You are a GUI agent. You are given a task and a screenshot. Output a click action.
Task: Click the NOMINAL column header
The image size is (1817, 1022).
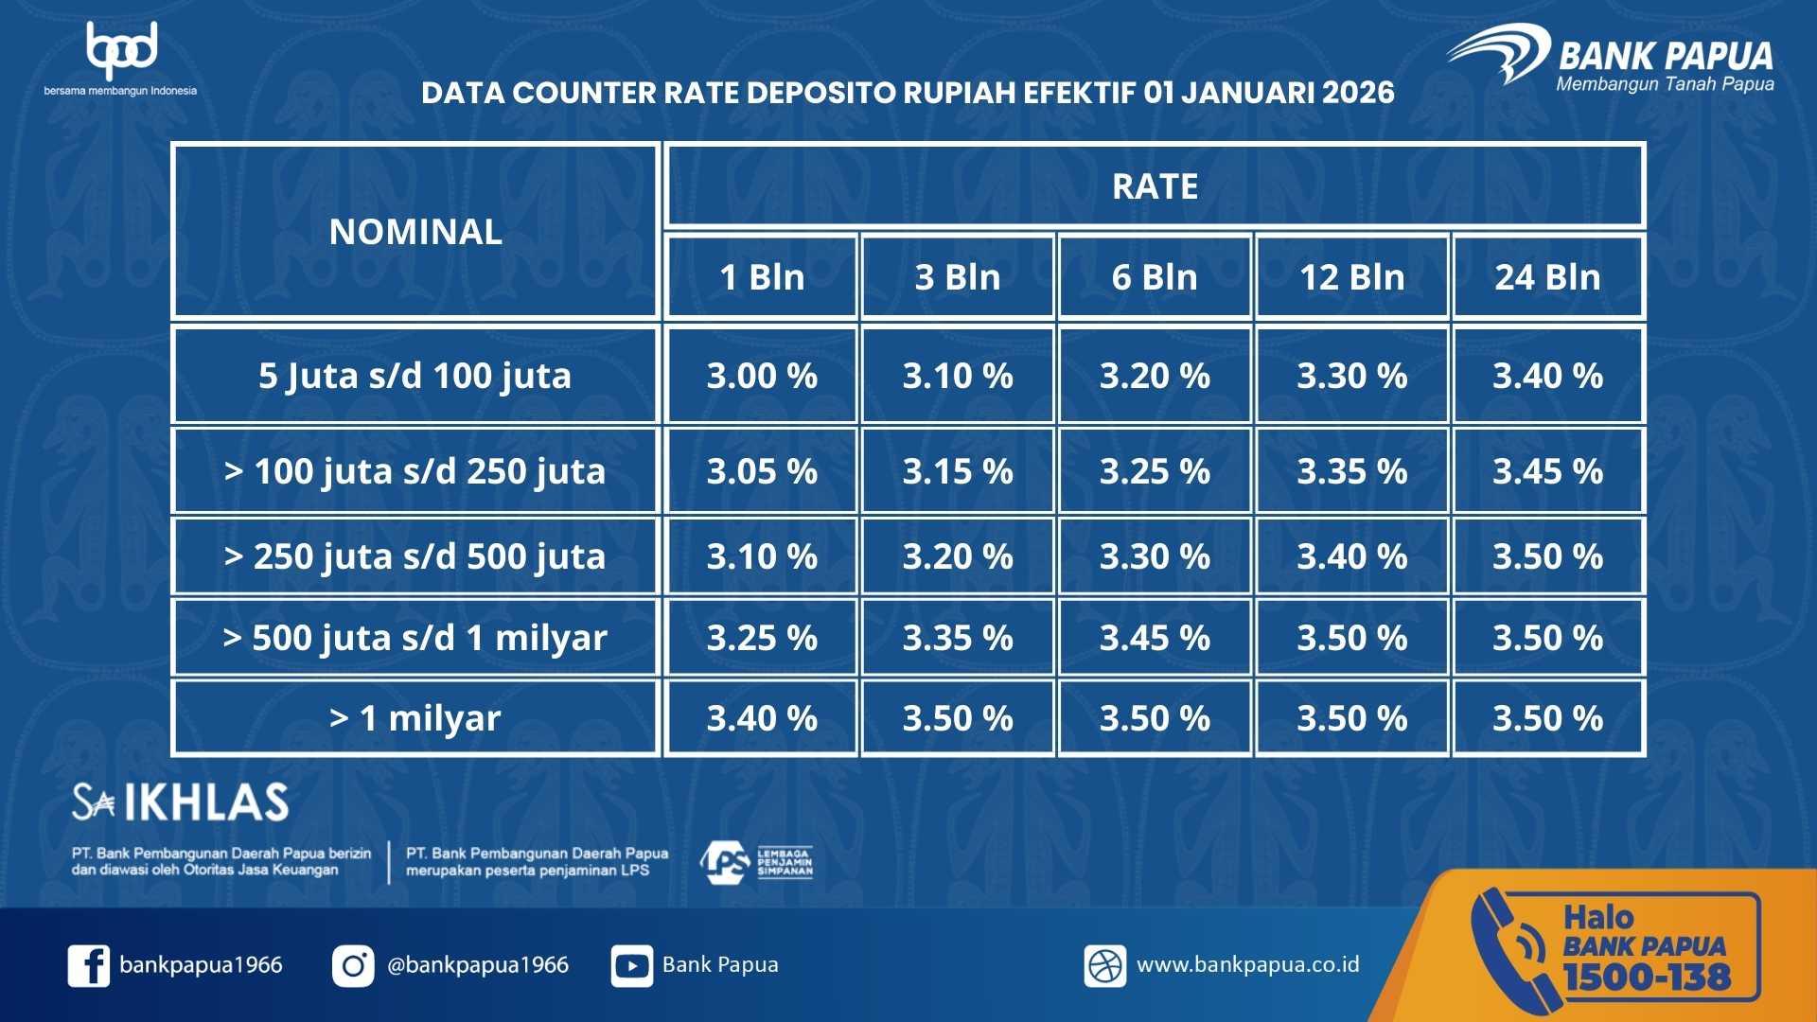click(x=415, y=232)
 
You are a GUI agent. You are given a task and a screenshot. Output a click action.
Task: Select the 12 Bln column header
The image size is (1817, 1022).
click(x=1351, y=277)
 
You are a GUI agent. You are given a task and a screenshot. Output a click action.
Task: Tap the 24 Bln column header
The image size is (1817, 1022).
click(x=1547, y=277)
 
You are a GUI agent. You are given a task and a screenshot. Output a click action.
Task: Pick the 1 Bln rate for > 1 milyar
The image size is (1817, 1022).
click(x=762, y=718)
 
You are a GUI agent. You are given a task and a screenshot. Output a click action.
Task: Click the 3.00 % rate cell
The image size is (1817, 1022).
click(x=762, y=376)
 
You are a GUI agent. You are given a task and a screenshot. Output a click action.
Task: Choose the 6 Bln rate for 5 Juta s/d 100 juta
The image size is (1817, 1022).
click(x=1155, y=376)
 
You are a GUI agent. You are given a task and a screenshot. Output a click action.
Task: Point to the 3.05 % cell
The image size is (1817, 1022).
click(x=762, y=471)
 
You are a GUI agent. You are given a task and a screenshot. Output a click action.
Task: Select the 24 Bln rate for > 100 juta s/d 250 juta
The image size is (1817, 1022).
click(x=1547, y=471)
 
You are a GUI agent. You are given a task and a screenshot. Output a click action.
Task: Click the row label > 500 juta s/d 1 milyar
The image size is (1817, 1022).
click(x=415, y=639)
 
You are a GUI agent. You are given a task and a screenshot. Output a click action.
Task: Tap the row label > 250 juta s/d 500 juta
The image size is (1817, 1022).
click(x=415, y=557)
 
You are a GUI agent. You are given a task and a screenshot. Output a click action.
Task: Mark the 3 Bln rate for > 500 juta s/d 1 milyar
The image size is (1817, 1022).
click(x=958, y=638)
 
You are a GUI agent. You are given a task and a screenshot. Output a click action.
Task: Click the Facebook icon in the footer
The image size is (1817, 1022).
click(x=89, y=966)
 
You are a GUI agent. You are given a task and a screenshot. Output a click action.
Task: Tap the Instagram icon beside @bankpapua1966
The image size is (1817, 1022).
click(x=353, y=966)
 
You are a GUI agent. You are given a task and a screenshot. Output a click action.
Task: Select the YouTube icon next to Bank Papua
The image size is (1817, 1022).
click(x=631, y=966)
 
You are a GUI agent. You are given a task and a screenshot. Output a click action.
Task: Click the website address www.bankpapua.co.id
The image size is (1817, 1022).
click(x=1247, y=964)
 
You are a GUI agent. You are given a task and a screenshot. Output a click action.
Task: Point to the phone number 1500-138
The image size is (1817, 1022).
click(x=1647, y=977)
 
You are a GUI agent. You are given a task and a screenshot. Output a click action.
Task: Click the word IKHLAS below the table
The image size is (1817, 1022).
click(x=206, y=802)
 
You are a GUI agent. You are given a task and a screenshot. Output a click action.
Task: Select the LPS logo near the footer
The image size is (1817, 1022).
click(x=756, y=862)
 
